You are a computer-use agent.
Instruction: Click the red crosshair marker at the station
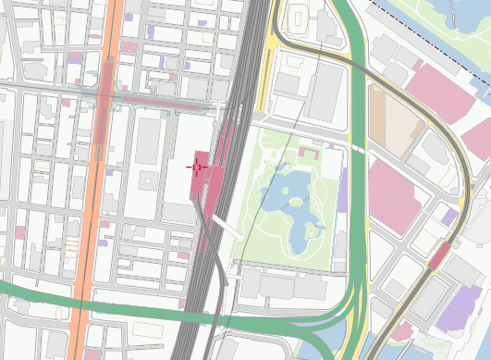click(197, 166)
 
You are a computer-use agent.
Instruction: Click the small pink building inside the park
click(307, 152)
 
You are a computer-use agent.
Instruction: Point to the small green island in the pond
click(295, 200)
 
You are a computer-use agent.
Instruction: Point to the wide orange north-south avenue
click(92, 185)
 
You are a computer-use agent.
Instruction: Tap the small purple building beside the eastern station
click(449, 217)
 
